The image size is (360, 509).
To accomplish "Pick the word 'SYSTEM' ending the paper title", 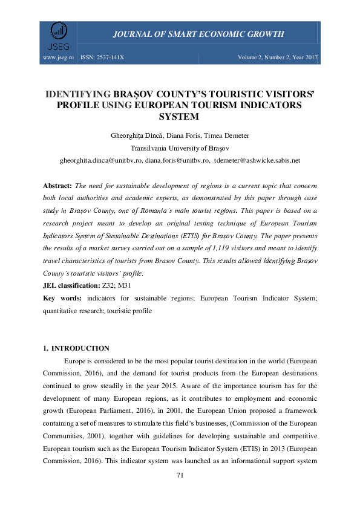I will tap(180, 116).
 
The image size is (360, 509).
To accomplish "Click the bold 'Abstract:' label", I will tap(57, 184).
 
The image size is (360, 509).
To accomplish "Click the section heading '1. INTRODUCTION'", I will tap(76, 348).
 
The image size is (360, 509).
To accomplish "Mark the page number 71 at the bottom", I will tap(180, 475).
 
